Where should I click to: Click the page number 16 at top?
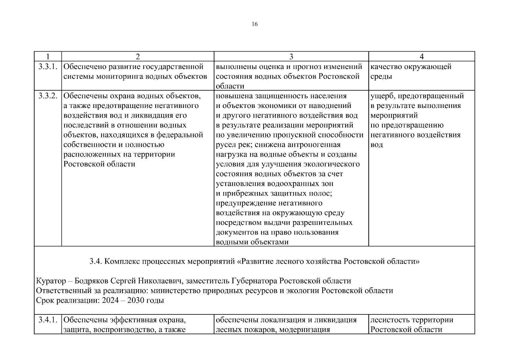click(255, 24)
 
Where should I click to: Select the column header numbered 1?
click(48, 56)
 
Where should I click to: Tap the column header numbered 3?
click(291, 56)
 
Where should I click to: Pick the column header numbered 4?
click(421, 56)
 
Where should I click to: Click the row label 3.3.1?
click(48, 66)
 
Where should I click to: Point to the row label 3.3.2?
click(48, 96)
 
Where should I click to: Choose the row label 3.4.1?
click(48, 320)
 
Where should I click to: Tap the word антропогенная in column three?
click(314, 145)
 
